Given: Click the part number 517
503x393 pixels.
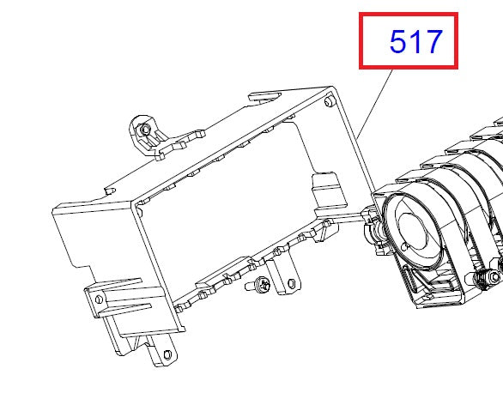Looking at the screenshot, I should (415, 41).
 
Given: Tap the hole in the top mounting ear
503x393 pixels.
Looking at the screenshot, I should (145, 129).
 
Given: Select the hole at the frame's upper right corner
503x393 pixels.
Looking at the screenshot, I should (330, 101).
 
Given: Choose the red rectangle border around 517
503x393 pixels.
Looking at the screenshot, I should (361, 41).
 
